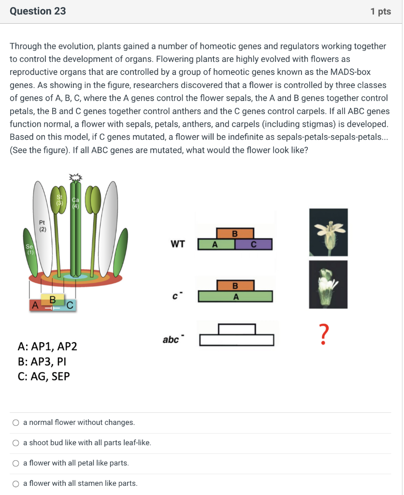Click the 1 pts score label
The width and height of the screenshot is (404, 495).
click(380, 12)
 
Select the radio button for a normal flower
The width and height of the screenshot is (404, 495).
click(16, 423)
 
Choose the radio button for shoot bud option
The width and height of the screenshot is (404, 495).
click(16, 443)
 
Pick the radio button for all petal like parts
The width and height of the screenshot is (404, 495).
click(16, 464)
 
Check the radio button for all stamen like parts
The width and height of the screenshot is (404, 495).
click(16, 484)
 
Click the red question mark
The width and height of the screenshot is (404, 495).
click(325, 335)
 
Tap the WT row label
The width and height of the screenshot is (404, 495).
click(177, 244)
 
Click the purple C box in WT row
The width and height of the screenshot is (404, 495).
click(253, 245)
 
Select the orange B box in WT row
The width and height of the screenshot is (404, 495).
click(235, 233)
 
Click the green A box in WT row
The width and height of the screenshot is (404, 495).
click(216, 245)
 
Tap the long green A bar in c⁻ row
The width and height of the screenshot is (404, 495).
click(235, 296)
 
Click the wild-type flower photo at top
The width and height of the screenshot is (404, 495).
click(329, 232)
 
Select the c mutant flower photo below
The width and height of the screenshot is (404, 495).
click(329, 284)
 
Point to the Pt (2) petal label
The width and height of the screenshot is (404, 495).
click(43, 226)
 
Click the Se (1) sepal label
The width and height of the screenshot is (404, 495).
click(30, 249)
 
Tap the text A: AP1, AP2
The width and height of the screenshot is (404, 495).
click(47, 347)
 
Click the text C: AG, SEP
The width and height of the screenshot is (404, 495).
click(43, 376)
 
